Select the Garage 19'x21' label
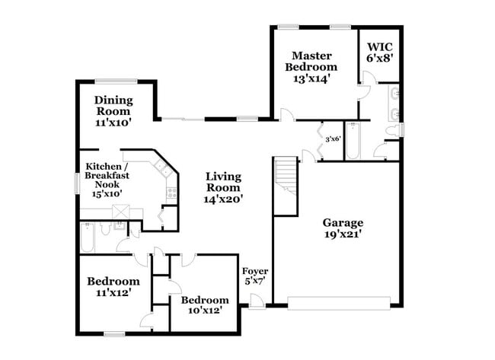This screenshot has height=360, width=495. (x=342, y=228)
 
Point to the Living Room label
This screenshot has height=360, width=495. (x=223, y=187)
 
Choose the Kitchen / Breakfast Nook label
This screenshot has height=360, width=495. (x=107, y=180)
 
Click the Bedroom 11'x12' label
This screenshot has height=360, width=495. (x=112, y=286)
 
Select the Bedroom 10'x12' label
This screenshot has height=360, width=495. (x=204, y=304)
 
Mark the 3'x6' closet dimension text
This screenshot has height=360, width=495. (x=332, y=139)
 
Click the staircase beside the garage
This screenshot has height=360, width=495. (x=285, y=186)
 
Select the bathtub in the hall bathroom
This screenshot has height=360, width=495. (x=88, y=241)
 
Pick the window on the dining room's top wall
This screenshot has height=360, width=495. (x=116, y=81)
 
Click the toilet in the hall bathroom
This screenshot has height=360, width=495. (x=120, y=228)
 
